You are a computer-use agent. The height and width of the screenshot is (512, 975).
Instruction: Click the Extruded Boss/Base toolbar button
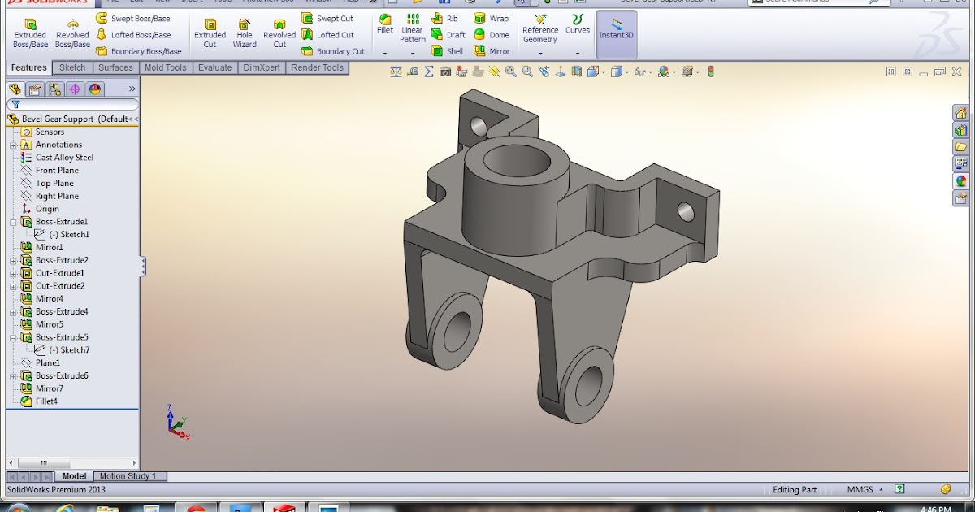click(30, 33)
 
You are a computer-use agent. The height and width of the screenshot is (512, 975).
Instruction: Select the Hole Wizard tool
click(245, 33)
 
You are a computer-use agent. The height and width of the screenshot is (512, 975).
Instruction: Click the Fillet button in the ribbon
click(385, 24)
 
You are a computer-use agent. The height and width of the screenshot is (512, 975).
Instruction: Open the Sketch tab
click(72, 68)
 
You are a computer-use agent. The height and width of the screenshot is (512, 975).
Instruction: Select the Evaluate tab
click(214, 68)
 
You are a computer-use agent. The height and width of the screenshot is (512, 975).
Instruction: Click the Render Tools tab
click(317, 68)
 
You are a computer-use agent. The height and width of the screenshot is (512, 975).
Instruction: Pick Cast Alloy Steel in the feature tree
click(64, 158)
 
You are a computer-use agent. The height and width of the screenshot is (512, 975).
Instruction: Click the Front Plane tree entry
click(57, 171)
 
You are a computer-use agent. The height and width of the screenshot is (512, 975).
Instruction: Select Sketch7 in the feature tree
click(69, 350)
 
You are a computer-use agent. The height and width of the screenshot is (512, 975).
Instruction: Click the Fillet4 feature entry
click(46, 401)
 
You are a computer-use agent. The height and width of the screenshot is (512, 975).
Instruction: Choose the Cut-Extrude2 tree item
click(59, 286)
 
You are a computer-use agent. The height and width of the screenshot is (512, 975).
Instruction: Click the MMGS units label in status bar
click(860, 489)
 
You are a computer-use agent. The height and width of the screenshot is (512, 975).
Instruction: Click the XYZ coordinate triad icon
click(175, 423)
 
